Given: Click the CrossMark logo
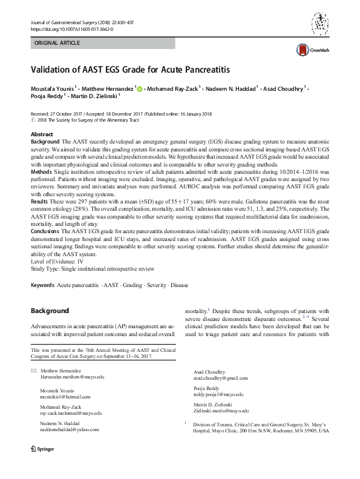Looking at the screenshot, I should coord(309,50).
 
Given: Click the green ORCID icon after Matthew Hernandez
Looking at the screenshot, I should coord(140,89).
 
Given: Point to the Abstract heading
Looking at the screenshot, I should coord(42,134).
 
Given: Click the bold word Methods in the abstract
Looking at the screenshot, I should coord(42,171).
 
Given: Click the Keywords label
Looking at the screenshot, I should coord(42,285).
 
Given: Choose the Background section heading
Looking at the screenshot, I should coord(50,311).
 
